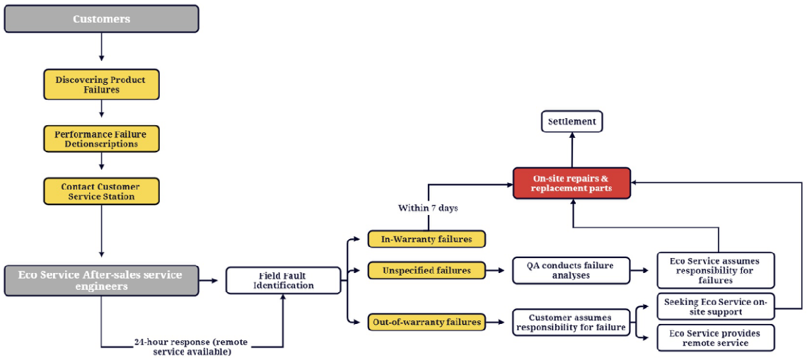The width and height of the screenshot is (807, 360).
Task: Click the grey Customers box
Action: click(x=101, y=19)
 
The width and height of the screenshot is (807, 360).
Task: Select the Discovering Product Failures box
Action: click(x=102, y=85)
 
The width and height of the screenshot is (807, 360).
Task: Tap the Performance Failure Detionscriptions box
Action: click(x=102, y=139)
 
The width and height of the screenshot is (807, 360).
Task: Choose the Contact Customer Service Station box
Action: click(x=102, y=192)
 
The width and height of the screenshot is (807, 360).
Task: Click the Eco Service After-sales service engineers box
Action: click(x=101, y=280)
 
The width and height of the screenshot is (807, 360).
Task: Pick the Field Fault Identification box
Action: click(x=282, y=280)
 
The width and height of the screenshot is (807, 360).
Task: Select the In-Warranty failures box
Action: click(x=426, y=239)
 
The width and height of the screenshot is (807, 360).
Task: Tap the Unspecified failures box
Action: click(x=426, y=269)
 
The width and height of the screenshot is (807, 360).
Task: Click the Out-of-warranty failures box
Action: click(x=426, y=322)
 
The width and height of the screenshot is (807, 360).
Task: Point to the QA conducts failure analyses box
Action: click(x=571, y=270)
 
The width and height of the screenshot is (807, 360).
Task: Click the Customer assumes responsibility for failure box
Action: click(x=571, y=322)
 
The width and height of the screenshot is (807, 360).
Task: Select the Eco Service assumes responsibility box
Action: click(x=715, y=270)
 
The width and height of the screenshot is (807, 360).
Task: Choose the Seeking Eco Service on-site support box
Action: click(x=715, y=307)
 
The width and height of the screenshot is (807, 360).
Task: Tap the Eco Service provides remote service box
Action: click(x=715, y=337)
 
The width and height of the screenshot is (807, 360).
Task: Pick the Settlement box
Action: click(x=572, y=122)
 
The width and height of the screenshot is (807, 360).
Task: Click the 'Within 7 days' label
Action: click(x=427, y=209)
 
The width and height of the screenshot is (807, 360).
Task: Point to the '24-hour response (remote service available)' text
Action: click(x=191, y=346)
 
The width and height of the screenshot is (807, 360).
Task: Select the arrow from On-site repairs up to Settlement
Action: click(x=572, y=150)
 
